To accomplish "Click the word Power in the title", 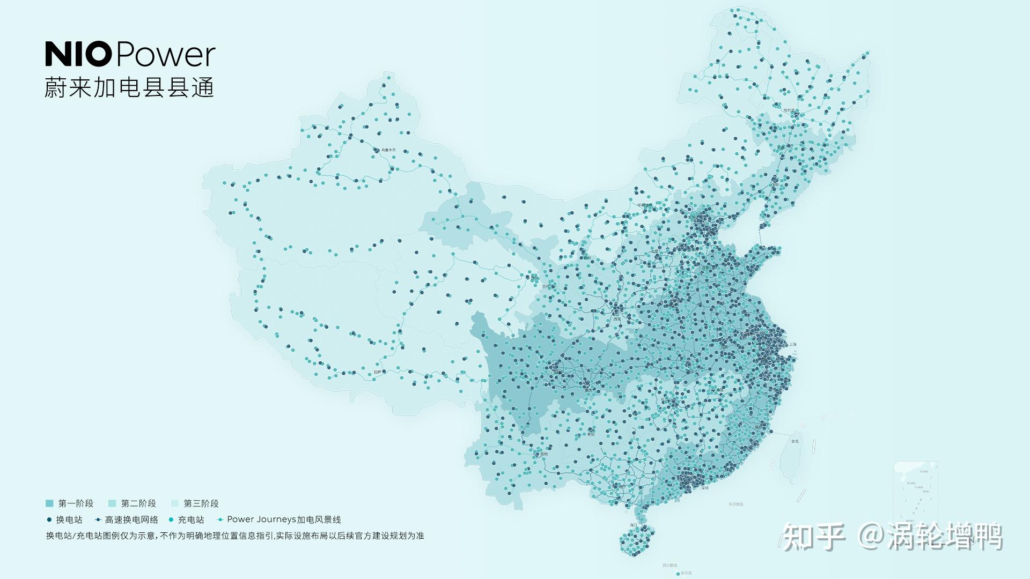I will (x=165, y=55).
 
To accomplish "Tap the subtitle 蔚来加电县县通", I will (x=129, y=87).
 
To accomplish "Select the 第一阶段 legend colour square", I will (x=49, y=503).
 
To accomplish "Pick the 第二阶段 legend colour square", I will (x=112, y=503).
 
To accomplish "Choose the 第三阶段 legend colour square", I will (x=175, y=503).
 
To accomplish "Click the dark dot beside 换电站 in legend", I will (x=49, y=519).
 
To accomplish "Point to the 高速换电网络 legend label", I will (x=131, y=519).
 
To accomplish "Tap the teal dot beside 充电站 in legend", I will (x=171, y=519).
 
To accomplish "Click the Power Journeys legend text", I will (x=284, y=519).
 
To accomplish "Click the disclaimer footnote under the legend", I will (x=235, y=536).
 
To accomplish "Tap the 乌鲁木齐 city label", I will (x=389, y=150).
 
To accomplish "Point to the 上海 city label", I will (x=792, y=345).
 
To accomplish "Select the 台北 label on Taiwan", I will (x=794, y=441).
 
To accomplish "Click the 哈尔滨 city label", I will (x=790, y=111).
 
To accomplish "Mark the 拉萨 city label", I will (x=377, y=372).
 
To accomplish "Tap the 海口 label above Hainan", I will (x=634, y=525).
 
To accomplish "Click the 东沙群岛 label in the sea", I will (x=736, y=504).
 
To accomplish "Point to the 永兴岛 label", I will (x=686, y=573).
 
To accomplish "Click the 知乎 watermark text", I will (x=814, y=536).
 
